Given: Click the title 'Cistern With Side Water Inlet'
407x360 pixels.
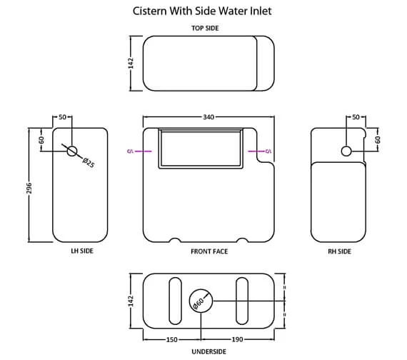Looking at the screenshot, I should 203,11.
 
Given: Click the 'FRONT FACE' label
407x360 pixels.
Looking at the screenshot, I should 208,251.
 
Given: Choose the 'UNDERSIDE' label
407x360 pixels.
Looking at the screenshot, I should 208,351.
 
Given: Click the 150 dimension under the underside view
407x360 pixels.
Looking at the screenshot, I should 172,339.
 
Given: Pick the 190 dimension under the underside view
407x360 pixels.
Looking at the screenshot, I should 238,339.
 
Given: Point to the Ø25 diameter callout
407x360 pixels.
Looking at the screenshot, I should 89,162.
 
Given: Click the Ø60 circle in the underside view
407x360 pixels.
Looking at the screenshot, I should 199,302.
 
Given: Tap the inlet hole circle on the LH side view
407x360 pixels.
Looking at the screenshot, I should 72,151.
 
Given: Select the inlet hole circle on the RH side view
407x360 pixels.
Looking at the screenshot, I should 346,151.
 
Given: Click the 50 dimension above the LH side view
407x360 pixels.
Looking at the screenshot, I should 63,116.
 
